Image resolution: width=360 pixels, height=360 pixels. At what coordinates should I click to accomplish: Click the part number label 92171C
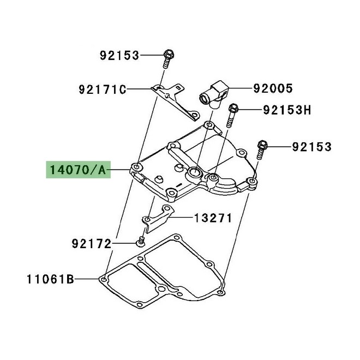[101, 88]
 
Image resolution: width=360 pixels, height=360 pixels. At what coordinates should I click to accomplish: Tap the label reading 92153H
[286, 110]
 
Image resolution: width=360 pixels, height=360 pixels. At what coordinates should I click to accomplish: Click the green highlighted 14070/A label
[77, 170]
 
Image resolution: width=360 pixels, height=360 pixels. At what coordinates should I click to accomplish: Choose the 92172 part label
[91, 243]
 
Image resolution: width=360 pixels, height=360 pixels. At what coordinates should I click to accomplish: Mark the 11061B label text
[50, 280]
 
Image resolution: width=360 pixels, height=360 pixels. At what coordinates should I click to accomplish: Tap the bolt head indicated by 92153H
[233, 108]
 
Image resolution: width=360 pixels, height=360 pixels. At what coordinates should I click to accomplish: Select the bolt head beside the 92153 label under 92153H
[263, 146]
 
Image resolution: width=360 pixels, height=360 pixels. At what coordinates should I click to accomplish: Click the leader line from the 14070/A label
[119, 170]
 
